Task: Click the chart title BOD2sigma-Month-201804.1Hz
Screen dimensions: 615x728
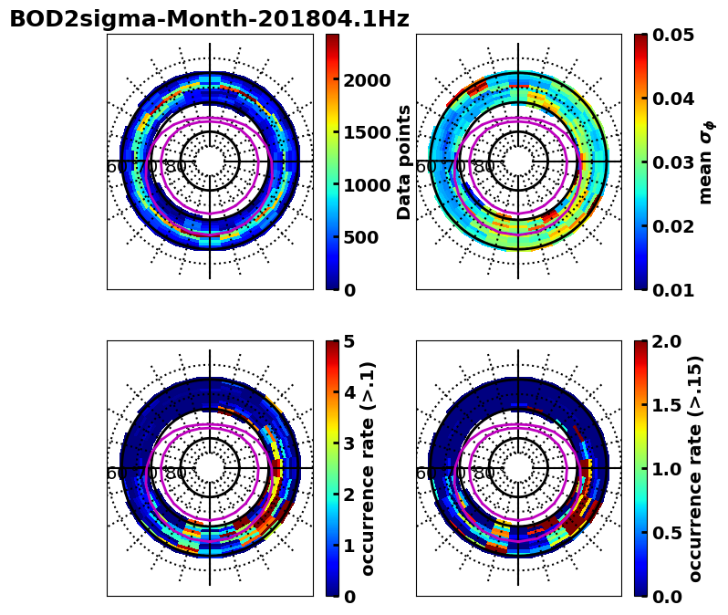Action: pyautogui.click(x=209, y=19)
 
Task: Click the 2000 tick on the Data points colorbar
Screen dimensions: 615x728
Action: pyautogui.click(x=367, y=80)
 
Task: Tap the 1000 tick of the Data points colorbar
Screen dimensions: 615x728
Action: pyautogui.click(x=367, y=185)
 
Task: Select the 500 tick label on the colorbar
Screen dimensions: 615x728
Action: pyautogui.click(x=361, y=237)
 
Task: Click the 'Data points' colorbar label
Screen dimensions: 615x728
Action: pyautogui.click(x=404, y=162)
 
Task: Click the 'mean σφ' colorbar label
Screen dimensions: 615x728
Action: pyautogui.click(x=705, y=162)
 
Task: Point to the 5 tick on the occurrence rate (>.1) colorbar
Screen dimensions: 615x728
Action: pyautogui.click(x=348, y=341)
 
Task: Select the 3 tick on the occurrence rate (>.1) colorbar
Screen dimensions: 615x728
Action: pyautogui.click(x=348, y=443)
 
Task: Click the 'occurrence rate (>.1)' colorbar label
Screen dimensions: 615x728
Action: pyautogui.click(x=369, y=468)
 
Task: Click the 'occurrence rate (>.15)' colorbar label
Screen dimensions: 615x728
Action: pyautogui.click(x=695, y=468)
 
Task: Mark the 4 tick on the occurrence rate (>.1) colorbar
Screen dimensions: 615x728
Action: pyautogui.click(x=348, y=392)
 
